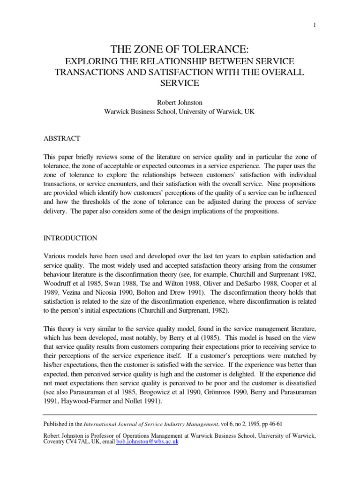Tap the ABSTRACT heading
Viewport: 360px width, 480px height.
(x=61, y=138)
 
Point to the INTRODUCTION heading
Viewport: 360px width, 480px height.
(x=70, y=238)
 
